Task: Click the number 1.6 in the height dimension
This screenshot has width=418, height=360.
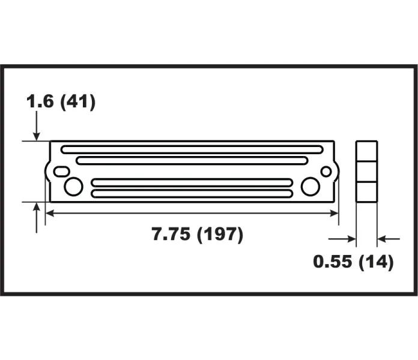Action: (x=40, y=101)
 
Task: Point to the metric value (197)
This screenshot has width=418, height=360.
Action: (x=220, y=235)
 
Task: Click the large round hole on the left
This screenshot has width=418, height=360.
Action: (x=73, y=187)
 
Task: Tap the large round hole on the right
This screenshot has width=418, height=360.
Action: (x=310, y=187)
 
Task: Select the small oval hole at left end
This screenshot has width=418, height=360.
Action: (x=61, y=172)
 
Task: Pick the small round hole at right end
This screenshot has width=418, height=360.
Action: (x=326, y=172)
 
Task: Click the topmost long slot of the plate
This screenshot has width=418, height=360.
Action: (x=192, y=149)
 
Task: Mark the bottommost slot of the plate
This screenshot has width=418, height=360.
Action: (x=192, y=194)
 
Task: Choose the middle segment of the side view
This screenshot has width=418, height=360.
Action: (x=366, y=170)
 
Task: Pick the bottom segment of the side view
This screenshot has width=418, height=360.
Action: (x=366, y=191)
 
